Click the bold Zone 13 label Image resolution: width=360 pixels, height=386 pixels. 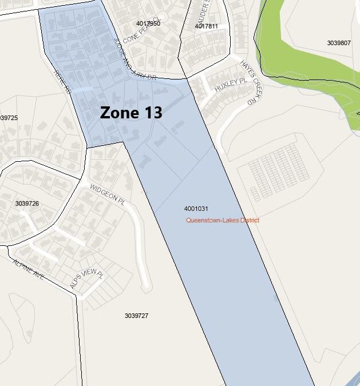pos(131,113)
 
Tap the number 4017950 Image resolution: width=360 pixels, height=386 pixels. pos(148,23)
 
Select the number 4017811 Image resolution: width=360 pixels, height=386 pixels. pos(206,26)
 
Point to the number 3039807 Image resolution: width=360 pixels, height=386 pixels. pos(339,43)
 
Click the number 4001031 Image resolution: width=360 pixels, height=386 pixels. pos(196,209)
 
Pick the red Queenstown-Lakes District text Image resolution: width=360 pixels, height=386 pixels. pos(222,220)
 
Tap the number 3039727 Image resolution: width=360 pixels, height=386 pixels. pos(136,316)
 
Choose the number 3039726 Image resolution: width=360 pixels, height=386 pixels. pos(27,204)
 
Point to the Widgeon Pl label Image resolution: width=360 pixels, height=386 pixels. pos(106,194)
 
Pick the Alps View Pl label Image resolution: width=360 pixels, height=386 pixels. pos(86,278)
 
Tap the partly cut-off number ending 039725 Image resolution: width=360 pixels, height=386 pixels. pos(9,118)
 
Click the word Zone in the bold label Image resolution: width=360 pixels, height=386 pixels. pos(117,113)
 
